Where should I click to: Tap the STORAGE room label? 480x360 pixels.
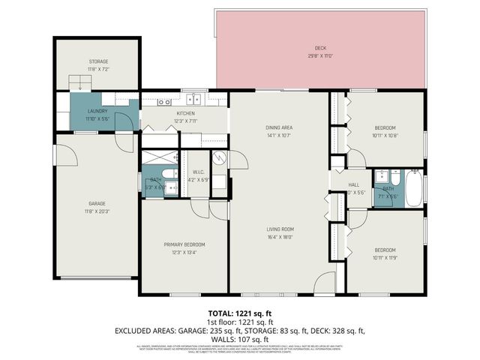click(x=98, y=61)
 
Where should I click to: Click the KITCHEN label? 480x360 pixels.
click(x=185, y=113)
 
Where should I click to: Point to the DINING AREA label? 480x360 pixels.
click(x=278, y=128)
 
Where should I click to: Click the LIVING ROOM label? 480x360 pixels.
click(x=278, y=229)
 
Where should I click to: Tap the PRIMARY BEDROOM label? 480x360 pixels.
click(x=184, y=244)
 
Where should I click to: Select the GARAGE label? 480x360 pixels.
click(x=97, y=203)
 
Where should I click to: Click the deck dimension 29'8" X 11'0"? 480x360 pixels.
click(x=319, y=56)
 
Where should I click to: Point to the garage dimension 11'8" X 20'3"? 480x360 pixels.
click(x=97, y=210)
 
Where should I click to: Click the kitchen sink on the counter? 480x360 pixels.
click(x=193, y=98)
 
